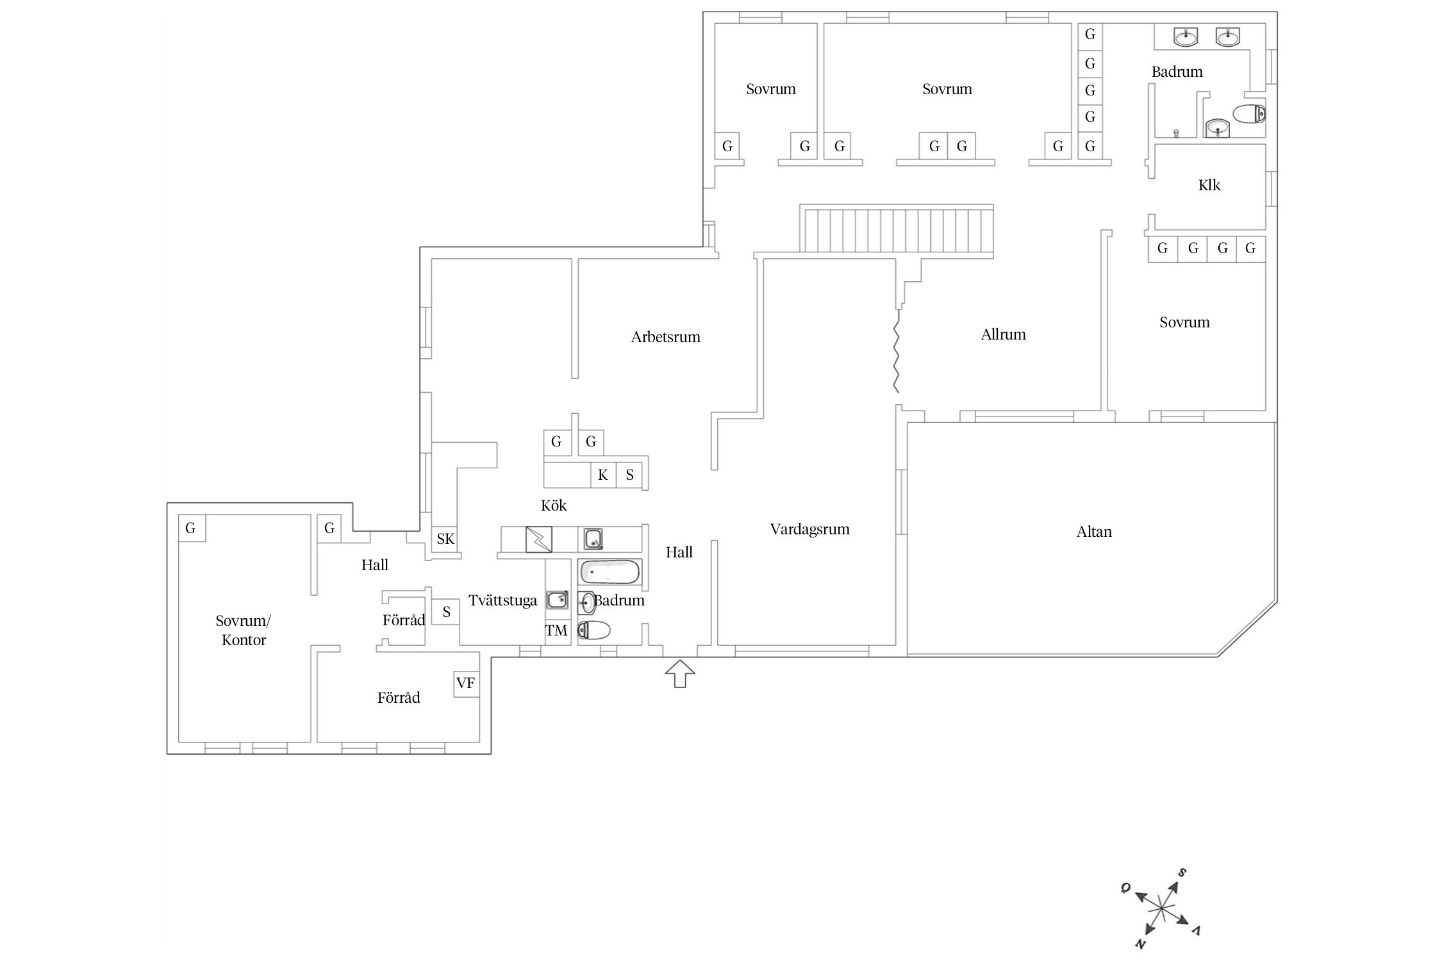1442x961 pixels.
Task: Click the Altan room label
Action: (x=1094, y=532)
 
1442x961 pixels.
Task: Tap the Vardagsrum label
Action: (x=810, y=530)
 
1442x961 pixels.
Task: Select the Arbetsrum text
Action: (x=665, y=337)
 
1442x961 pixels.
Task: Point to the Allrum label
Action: (x=1003, y=334)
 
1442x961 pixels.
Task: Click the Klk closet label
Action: (x=1209, y=185)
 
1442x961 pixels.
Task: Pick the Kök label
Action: (x=554, y=505)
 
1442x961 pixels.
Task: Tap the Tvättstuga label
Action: (x=502, y=601)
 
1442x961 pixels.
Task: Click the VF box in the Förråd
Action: (x=466, y=684)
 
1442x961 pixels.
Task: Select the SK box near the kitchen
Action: (x=445, y=539)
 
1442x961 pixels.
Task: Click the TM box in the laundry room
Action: (x=556, y=630)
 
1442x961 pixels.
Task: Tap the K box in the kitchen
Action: (x=602, y=475)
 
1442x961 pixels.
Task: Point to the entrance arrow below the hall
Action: (x=680, y=674)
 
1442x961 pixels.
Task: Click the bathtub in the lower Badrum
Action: (x=609, y=571)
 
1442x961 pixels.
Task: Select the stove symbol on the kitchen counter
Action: (x=538, y=539)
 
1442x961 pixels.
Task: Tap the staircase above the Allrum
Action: (x=896, y=230)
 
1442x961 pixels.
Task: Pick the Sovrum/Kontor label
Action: (x=244, y=630)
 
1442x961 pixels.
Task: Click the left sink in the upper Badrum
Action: (x=1186, y=37)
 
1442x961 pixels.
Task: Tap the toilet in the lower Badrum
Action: (x=593, y=631)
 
